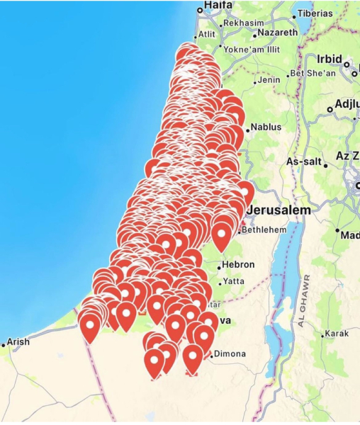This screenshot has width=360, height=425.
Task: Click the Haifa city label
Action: point(218,6)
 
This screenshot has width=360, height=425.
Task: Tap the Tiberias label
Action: point(315,13)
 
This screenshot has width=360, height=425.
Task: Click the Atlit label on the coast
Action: point(207,33)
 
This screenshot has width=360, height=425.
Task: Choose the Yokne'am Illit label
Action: point(252,50)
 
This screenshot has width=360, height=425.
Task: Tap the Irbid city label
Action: point(330,59)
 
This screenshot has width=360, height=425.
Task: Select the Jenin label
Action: point(269,80)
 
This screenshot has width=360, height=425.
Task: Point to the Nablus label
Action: point(266,127)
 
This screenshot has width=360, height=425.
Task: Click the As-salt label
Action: point(303,162)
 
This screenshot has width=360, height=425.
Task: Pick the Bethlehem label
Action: point(264,230)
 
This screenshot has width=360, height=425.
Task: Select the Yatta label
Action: point(233,281)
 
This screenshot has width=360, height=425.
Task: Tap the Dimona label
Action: point(230,354)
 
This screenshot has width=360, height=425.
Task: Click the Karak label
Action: point(337,334)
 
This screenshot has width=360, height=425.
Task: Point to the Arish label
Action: point(18,342)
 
